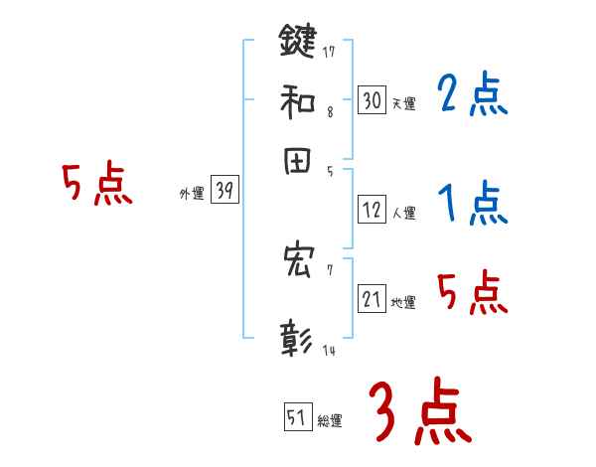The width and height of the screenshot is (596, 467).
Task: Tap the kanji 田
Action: pyautogui.click(x=298, y=160)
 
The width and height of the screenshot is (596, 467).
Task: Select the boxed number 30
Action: pyautogui.click(x=372, y=99)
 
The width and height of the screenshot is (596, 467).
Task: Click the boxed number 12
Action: pyautogui.click(x=372, y=210)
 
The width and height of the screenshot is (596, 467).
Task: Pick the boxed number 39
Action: pyautogui.click(x=224, y=192)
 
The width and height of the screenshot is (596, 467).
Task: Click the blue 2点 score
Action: pyautogui.click(x=472, y=95)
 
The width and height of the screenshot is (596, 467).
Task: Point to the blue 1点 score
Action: pyautogui.click(x=472, y=205)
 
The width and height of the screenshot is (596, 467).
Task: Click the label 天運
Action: pyautogui.click(x=403, y=103)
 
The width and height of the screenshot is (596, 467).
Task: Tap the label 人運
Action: pyautogui.click(x=403, y=213)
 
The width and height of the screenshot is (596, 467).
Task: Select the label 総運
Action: pyautogui.click(x=330, y=421)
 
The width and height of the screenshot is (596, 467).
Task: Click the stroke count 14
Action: pyautogui.click(x=329, y=351)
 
